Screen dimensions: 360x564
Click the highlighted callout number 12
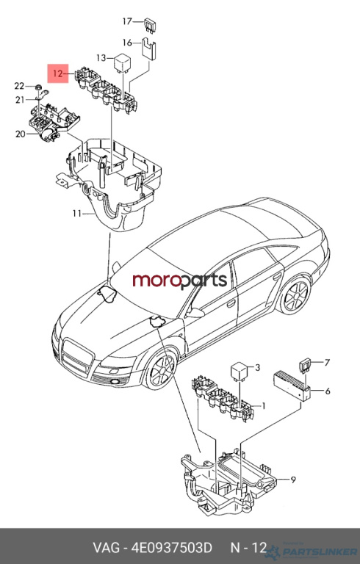[x=58, y=73]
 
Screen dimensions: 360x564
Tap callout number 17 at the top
[x=127, y=21]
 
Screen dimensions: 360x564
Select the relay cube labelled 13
[x=123, y=64]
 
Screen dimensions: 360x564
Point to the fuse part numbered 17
[x=150, y=26]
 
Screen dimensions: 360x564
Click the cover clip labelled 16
[x=148, y=48]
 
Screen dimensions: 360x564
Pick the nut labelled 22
[x=38, y=87]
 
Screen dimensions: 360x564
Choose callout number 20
[x=20, y=134]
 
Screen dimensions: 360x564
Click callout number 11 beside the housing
[x=76, y=214]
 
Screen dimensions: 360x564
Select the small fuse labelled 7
[x=306, y=366]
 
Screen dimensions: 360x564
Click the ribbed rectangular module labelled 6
[x=292, y=386]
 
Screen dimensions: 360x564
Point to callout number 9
[x=293, y=480]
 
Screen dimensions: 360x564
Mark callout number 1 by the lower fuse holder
[x=264, y=406]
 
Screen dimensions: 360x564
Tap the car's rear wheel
[x=296, y=296]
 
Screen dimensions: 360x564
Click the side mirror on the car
[x=195, y=312]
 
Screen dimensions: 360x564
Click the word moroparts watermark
[x=180, y=281]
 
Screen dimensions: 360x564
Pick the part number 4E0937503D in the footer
[x=171, y=548]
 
